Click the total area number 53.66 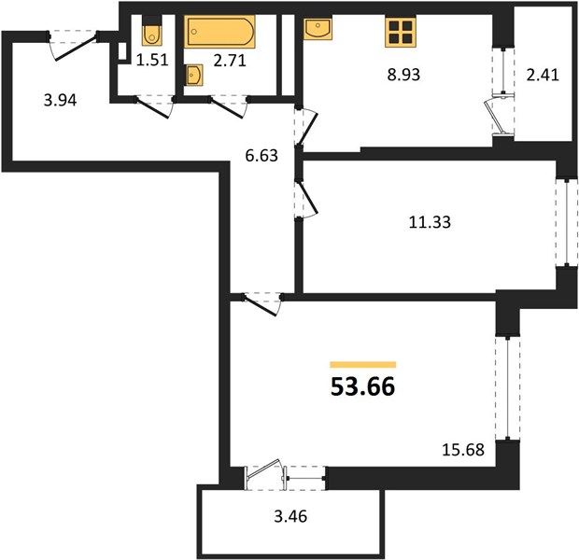click(362, 386)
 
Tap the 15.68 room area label click(463, 450)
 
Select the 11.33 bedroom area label click(430, 222)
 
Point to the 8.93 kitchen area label click(403, 75)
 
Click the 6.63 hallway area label click(261, 156)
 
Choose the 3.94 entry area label click(60, 100)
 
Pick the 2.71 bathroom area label click(230, 61)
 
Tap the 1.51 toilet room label click(152, 60)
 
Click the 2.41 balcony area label click(543, 75)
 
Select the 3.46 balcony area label click(290, 516)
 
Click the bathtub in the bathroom click(219, 32)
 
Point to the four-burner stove click(401, 32)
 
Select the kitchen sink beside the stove click(318, 28)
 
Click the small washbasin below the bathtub click(194, 76)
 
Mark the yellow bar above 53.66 click(363, 365)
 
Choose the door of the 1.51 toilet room click(153, 108)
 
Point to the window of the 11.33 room click(567, 222)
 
